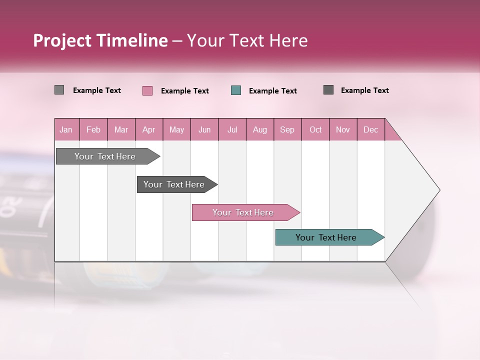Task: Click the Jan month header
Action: [66, 129]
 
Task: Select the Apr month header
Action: [148, 129]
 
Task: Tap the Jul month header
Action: [232, 129]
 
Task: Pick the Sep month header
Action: [287, 129]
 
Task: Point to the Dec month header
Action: [370, 129]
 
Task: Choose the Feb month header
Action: [93, 129]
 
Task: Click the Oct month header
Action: [315, 129]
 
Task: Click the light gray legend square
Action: [59, 90]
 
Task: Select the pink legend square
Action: [147, 90]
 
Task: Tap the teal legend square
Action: [235, 90]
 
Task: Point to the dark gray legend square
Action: [328, 90]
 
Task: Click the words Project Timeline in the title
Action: [100, 40]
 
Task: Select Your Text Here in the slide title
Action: [247, 40]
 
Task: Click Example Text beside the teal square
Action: [272, 90]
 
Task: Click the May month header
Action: [176, 129]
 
